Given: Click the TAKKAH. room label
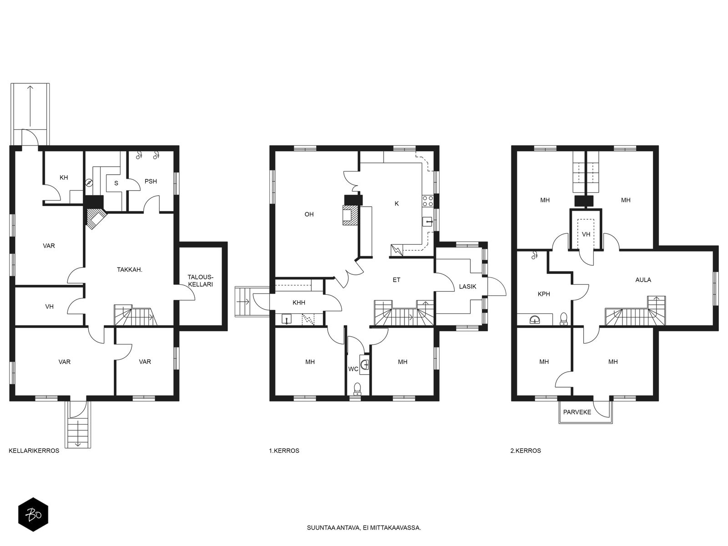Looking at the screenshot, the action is tap(130, 270).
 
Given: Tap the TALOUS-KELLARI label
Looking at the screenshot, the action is tap(200, 281).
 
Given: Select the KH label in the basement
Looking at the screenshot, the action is tap(64, 178).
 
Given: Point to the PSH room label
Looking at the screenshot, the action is tap(151, 182).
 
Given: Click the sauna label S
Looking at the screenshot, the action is tap(116, 183).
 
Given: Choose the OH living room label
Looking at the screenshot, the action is tap(309, 214).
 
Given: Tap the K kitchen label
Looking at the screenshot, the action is tap(397, 204).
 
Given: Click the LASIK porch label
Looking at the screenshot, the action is tap(468, 287).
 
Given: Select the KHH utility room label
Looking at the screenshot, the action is tap(299, 303).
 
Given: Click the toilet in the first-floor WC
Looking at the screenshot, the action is tap(357, 389).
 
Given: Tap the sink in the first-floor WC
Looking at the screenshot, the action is tap(364, 364).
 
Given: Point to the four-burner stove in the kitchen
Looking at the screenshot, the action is tap(428, 201).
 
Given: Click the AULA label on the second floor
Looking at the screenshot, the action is tap(643, 280).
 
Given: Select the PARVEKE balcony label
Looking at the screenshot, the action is tap(577, 412).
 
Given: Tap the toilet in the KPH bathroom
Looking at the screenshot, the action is tap(563, 319).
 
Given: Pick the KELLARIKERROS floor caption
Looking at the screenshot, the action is tap(34, 451).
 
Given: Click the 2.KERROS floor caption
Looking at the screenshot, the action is tap(526, 451).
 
